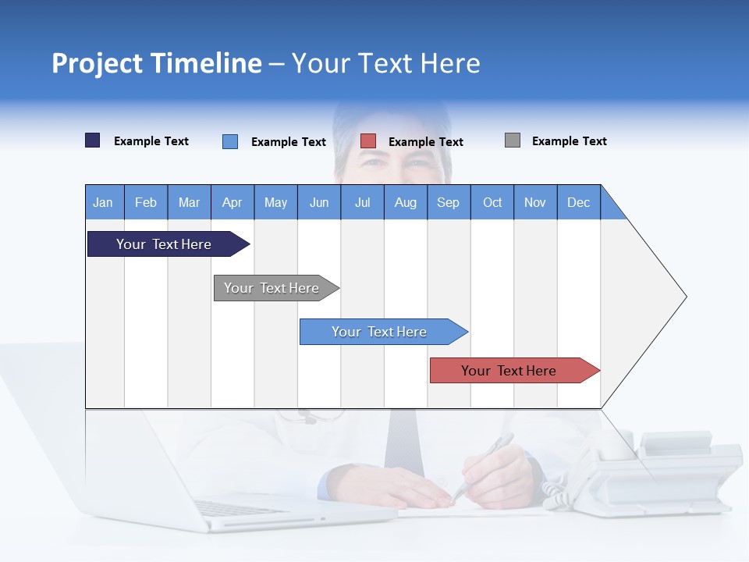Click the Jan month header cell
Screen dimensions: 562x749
(104, 202)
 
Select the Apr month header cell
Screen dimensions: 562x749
(233, 202)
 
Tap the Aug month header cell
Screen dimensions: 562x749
(405, 202)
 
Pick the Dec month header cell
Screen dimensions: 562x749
(578, 202)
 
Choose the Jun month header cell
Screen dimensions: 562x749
(319, 202)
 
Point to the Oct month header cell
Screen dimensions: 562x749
(492, 202)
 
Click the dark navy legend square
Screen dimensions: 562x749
(93, 140)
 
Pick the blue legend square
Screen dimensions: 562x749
(230, 141)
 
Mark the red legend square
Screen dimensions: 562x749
(368, 141)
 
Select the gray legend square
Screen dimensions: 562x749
(513, 140)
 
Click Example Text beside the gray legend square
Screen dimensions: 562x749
(569, 141)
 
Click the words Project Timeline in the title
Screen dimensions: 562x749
(156, 63)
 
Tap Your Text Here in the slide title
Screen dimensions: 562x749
(385, 63)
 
